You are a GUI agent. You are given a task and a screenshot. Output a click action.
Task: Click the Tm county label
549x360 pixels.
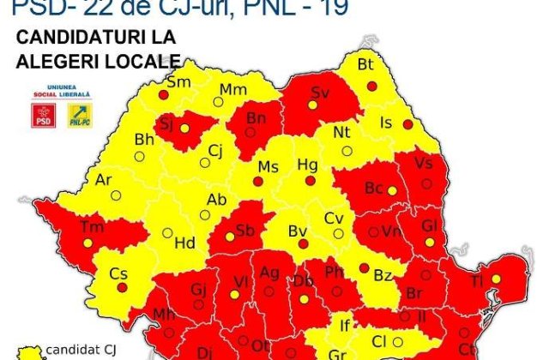pos(90,226)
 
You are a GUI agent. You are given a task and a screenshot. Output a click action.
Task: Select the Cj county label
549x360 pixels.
pos(215,150)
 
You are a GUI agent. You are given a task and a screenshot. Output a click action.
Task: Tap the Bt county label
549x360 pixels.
pos(366,64)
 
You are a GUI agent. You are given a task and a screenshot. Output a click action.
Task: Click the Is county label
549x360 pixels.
pos(386,123)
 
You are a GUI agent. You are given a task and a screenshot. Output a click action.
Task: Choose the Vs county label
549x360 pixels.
pos(424,163)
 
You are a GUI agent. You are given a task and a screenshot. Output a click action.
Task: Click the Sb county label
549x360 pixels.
pos(245,230)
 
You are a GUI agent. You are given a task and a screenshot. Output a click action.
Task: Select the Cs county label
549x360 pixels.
pos(118,273)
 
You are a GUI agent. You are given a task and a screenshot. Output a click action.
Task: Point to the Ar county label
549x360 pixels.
pos(104,180)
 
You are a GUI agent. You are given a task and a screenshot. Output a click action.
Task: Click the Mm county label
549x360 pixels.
pos(233,89)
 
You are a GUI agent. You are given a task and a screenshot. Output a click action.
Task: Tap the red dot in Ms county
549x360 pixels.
pos(257,181)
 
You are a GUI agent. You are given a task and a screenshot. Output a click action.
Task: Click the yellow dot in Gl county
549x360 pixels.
pos(442,241)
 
